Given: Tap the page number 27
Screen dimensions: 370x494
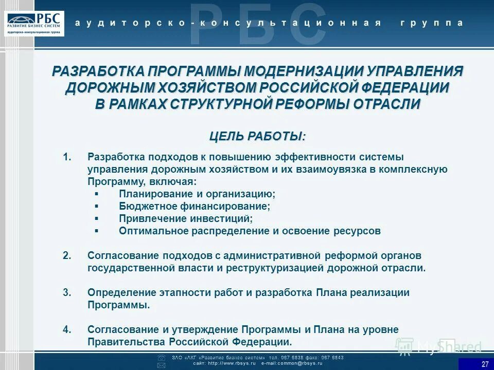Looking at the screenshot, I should pyautogui.click(x=485, y=364).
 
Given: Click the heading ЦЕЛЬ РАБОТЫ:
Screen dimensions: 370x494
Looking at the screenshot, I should pyautogui.click(x=257, y=136).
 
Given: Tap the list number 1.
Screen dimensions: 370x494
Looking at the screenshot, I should pyautogui.click(x=66, y=156).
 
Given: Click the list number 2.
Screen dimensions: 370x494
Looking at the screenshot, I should pyautogui.click(x=66, y=255).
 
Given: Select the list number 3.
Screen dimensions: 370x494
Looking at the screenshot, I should pyautogui.click(x=66, y=292).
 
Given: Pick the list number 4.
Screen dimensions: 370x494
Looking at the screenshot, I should pyautogui.click(x=66, y=329).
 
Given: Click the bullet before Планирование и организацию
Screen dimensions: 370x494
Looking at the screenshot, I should pyautogui.click(x=97, y=194).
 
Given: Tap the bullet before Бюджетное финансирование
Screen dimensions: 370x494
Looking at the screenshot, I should pyautogui.click(x=97, y=207).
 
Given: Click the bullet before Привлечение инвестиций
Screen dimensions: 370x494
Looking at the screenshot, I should pyautogui.click(x=97, y=219).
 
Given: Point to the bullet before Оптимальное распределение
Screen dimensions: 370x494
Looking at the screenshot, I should pyautogui.click(x=97, y=231).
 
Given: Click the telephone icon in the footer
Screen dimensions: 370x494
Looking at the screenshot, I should pyautogui.click(x=161, y=357).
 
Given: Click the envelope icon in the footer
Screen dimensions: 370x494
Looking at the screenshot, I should pyautogui.click(x=161, y=365).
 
